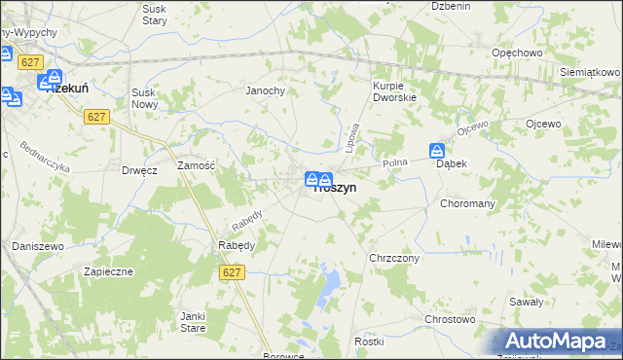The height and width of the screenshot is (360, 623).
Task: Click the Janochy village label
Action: (265, 90)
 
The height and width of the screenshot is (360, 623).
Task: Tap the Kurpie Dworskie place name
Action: (394, 90)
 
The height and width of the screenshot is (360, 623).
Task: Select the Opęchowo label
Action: (517, 52)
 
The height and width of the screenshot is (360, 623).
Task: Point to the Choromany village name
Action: (468, 204)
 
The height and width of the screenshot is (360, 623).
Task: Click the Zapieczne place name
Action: (107, 271)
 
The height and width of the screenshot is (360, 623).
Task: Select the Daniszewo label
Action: (38, 246)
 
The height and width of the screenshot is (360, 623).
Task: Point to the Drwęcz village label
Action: (139, 169)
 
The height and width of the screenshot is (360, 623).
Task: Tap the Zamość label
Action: (196, 166)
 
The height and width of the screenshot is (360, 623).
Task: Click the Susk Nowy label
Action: (151, 98)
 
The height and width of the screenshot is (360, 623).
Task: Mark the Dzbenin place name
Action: (451, 6)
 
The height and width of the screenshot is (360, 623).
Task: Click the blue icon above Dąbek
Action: (437, 151)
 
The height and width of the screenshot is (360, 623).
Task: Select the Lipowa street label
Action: (352, 135)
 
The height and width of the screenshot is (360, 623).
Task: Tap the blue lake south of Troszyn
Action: (329, 284)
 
